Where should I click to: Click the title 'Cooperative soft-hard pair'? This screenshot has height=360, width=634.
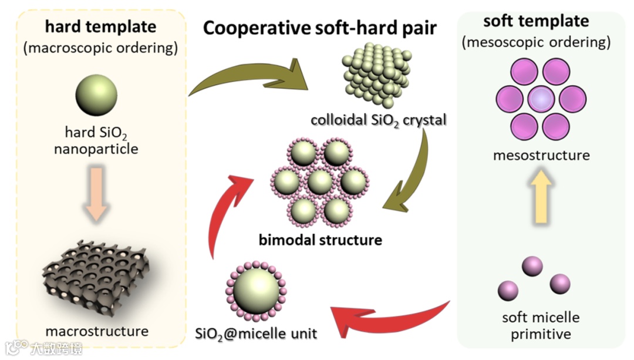point(319,28)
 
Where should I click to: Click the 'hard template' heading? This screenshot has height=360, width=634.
point(100,26)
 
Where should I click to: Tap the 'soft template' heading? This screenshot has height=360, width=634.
point(535,22)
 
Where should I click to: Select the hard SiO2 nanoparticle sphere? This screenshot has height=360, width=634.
point(96,97)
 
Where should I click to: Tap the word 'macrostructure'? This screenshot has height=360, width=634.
point(96,331)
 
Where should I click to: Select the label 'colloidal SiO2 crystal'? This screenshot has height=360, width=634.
point(379,120)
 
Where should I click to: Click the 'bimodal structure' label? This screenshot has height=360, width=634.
point(320,240)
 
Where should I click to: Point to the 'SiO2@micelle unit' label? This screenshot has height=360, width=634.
point(256,334)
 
